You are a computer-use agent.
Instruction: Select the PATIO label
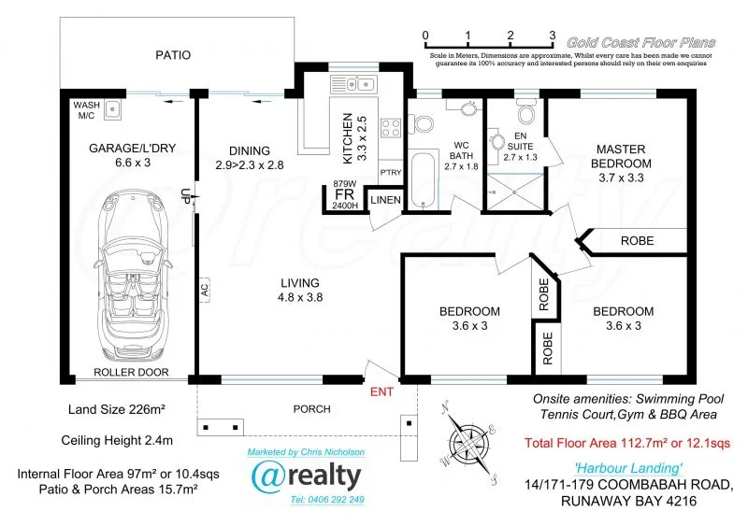pyautogui.click(x=172, y=55)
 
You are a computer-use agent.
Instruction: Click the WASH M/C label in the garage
pyautogui.click(x=85, y=110)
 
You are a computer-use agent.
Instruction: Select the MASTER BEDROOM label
pyautogui.click(x=624, y=156)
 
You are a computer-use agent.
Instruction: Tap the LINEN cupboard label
pyautogui.click(x=386, y=200)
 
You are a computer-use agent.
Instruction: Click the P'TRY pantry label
pyautogui.click(x=391, y=173)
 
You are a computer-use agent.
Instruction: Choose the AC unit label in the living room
pyautogui.click(x=203, y=290)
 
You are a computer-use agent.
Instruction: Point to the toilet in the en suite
pyautogui.click(x=525, y=113)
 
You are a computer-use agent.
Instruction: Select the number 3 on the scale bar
pyautogui.click(x=552, y=36)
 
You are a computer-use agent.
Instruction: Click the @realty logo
pyautogui.click(x=306, y=476)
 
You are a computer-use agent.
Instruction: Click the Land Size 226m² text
pyautogui.click(x=116, y=408)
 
